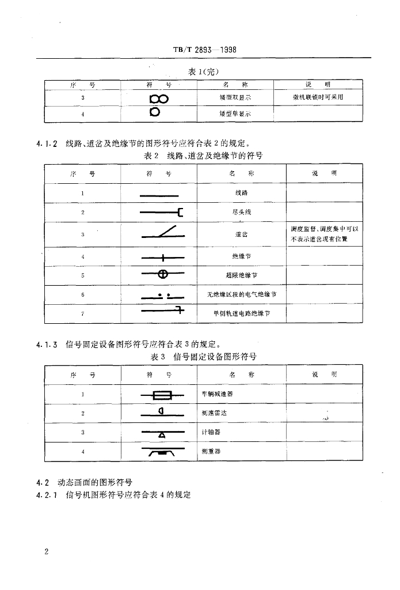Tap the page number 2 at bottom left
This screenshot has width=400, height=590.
click(x=46, y=552)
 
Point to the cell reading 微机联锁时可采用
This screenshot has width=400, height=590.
click(x=318, y=97)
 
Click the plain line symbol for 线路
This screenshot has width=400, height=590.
click(x=159, y=196)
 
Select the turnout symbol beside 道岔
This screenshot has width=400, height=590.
click(x=162, y=234)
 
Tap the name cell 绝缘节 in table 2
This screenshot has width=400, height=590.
click(x=241, y=255)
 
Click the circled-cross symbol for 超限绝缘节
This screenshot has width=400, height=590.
click(x=163, y=275)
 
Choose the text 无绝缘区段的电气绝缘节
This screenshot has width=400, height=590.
click(x=241, y=294)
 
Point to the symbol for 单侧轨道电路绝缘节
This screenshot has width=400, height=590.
click(x=162, y=312)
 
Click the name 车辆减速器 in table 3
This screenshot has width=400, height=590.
click(x=218, y=394)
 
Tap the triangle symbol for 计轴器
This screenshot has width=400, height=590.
click(x=162, y=433)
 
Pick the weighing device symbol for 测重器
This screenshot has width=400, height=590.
click(x=162, y=453)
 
